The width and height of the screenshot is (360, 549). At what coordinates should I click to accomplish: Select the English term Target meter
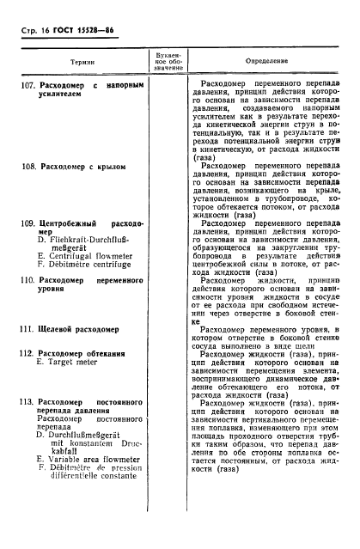pos(73,363)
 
